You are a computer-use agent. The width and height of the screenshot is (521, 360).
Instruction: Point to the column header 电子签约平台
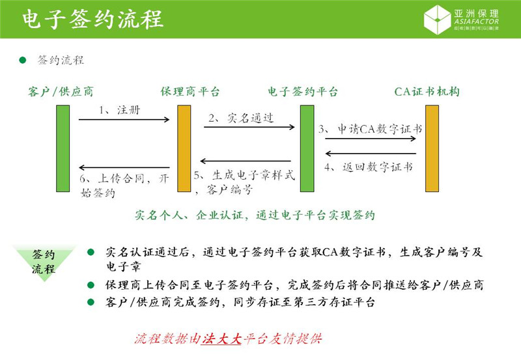click(303, 91)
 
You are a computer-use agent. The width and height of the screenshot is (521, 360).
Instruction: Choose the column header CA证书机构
click(427, 91)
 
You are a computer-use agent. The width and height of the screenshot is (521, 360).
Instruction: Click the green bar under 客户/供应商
click(63, 148)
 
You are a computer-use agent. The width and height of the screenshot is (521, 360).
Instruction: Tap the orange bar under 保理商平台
click(184, 148)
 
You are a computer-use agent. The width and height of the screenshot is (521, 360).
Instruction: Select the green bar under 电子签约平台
click(307, 148)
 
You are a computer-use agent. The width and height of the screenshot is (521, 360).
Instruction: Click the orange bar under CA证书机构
click(432, 148)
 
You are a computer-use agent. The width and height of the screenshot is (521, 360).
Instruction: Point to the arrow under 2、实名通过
click(249, 127)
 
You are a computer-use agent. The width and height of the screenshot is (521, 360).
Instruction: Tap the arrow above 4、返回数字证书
click(370, 154)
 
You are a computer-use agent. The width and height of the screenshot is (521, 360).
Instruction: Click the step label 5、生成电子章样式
click(245, 176)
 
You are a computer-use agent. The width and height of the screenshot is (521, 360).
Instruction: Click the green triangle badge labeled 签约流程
click(44, 261)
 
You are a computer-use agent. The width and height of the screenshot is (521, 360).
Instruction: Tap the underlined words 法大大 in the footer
click(221, 339)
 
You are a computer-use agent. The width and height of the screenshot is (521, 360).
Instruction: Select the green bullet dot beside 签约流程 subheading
click(22, 60)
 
